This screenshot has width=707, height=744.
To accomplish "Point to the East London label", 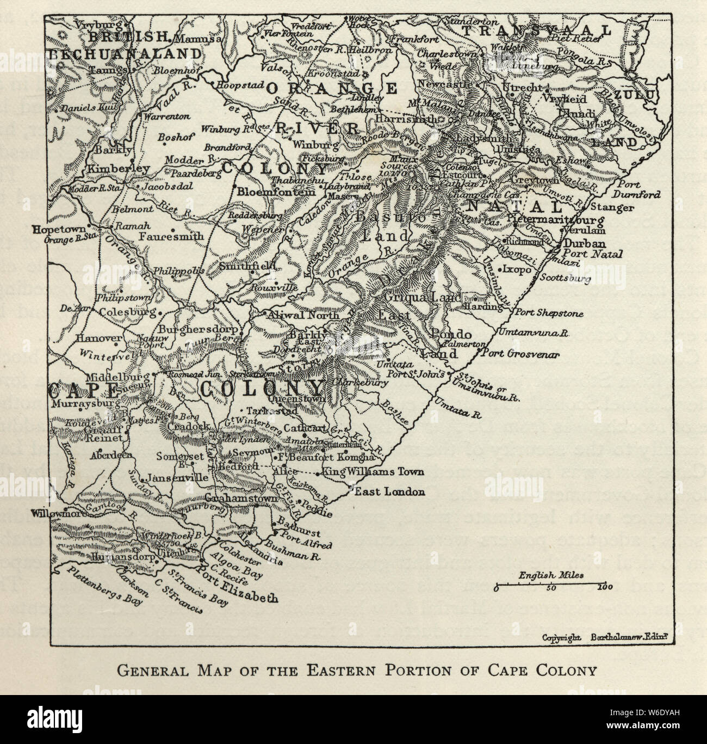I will pos(389,491).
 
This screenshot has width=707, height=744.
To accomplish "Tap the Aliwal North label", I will pos(302,316).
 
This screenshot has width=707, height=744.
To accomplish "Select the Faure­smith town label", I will pos(171,237).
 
